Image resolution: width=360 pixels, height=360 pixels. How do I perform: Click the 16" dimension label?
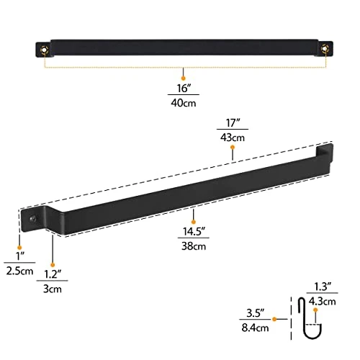pos(183,90)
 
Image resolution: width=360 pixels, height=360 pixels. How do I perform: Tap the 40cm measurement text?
pos(183,103)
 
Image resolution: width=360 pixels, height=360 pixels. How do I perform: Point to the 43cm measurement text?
pos(232,137)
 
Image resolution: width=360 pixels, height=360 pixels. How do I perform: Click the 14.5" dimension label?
pos(194,233)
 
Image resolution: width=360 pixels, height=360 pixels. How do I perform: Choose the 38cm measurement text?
pos(194,246)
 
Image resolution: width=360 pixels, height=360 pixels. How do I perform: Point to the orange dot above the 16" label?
pos(183,77)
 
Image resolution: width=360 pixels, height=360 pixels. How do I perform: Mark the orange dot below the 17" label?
pos(232,149)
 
